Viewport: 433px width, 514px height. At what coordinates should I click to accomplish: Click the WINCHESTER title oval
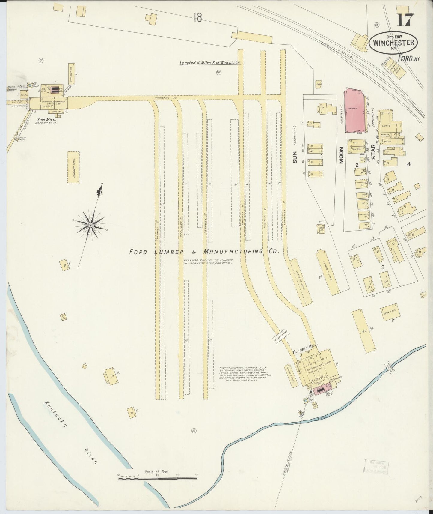[x=393, y=43]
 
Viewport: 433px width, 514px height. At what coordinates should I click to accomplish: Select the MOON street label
[x=341, y=157]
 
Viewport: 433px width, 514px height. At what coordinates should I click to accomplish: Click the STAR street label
[x=373, y=152]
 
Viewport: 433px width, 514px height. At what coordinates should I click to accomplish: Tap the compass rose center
[x=90, y=224]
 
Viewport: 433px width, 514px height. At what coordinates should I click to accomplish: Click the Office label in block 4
[x=388, y=142]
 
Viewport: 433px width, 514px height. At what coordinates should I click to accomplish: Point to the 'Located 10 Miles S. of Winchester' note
[x=210, y=63]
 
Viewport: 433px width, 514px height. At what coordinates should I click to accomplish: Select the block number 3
[x=382, y=267]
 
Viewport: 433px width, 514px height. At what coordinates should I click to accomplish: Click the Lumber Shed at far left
[x=73, y=167]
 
